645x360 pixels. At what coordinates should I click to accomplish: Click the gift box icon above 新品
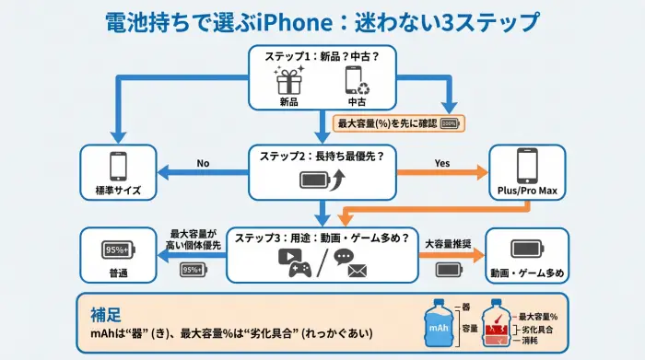click(x=290, y=81)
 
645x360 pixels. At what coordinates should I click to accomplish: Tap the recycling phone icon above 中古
click(x=356, y=81)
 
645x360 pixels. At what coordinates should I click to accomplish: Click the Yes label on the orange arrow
click(x=441, y=164)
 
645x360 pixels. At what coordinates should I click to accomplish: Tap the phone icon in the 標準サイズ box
click(x=118, y=166)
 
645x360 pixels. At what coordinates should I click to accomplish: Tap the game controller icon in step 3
click(x=298, y=266)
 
